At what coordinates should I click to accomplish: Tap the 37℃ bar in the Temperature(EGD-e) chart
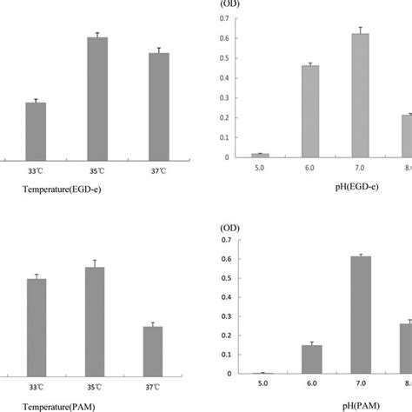159,105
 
